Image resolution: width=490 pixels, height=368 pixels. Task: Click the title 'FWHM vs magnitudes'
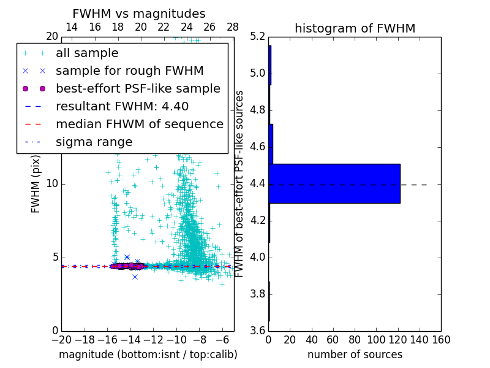139,14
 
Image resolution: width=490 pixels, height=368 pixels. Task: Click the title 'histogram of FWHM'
355,28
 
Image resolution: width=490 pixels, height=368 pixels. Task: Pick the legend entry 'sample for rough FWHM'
129,71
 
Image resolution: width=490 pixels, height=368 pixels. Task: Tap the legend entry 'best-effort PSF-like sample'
138,88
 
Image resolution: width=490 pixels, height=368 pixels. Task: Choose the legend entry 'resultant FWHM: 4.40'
122,106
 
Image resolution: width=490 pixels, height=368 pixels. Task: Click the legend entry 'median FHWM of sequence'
139,124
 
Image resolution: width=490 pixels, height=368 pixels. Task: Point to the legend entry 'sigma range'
94,142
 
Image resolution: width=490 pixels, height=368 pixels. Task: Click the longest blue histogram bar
334,183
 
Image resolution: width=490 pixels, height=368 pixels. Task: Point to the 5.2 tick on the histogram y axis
258,37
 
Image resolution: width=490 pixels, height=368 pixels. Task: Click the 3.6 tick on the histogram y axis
258,331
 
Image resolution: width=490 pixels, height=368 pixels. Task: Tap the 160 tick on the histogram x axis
441,340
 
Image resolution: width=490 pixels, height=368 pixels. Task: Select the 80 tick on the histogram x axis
355,340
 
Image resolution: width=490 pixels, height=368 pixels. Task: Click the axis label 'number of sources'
355,355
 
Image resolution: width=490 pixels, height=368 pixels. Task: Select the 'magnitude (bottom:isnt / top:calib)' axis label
148,355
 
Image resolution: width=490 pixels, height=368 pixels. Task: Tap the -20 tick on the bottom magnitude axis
61,340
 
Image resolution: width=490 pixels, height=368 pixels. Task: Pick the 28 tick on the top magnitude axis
233,28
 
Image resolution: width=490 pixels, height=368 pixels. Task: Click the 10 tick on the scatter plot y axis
53,184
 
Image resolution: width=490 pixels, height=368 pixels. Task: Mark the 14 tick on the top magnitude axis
71,28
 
